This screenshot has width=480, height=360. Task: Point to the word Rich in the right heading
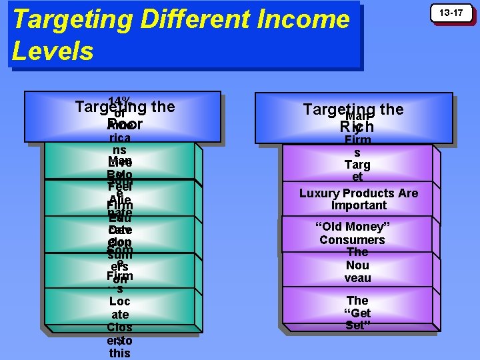coord(357,127)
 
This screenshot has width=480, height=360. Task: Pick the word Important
coord(358,205)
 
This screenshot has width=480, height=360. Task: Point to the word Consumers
coord(352,240)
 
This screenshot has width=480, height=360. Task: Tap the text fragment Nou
coord(357,265)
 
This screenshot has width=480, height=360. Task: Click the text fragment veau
coord(357,278)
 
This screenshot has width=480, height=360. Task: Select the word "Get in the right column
coord(357,313)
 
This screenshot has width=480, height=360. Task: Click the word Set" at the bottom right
coord(358,325)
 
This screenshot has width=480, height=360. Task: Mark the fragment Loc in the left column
coord(119,301)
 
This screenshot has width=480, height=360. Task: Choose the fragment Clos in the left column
coord(119,328)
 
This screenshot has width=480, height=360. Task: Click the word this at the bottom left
coord(119,353)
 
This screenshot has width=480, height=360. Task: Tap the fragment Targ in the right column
coord(357,165)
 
